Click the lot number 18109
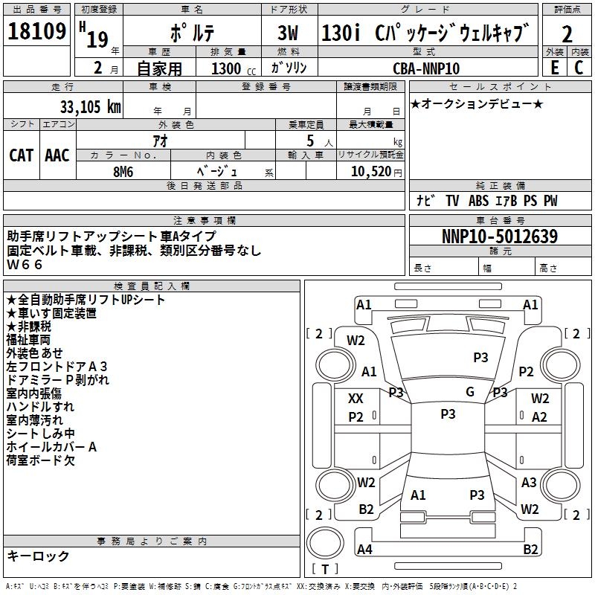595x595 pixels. point(36,33)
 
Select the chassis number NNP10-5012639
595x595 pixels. point(500,237)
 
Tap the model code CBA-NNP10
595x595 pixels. point(426,68)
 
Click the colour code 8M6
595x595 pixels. point(123,170)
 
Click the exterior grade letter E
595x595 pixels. point(554,68)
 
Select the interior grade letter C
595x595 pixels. point(579,68)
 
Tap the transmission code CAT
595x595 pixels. point(21,155)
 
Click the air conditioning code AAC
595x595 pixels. point(57,155)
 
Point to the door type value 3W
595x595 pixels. point(289,34)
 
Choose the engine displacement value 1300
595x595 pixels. point(226,69)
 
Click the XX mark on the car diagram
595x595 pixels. point(356,399)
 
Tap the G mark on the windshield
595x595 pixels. point(470,392)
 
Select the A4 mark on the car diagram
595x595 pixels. point(364,550)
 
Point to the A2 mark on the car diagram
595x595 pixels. point(540,417)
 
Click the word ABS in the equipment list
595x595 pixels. point(480,201)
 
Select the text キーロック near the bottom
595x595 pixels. point(38,556)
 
